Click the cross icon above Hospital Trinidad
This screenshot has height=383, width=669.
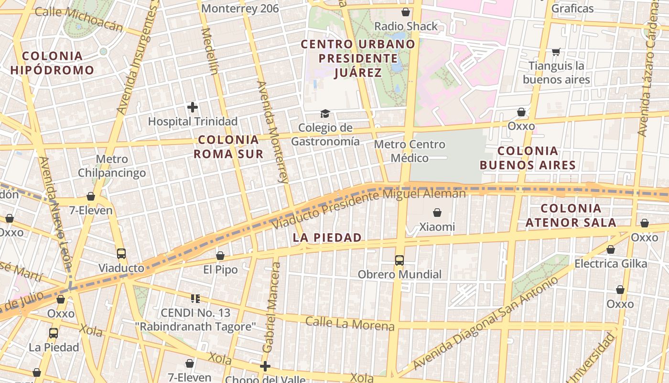[193, 107]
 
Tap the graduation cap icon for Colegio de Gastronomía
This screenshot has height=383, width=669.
[325, 113]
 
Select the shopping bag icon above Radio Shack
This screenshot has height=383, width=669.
[406, 11]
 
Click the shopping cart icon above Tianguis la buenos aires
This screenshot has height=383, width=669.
[556, 51]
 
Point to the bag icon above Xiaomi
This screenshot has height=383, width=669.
[437, 212]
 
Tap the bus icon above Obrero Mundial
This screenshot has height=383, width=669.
[399, 260]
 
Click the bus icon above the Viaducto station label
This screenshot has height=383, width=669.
[121, 253]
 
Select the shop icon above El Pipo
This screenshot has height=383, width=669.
[220, 256]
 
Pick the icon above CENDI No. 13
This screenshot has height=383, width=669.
[195, 299]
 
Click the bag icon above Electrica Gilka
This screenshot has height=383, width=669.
[610, 249]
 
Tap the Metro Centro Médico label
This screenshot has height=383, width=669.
[410, 151]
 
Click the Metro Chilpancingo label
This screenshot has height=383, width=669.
[112, 166]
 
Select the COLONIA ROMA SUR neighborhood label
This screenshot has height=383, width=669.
[228, 146]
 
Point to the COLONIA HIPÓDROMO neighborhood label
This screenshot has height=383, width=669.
[52, 63]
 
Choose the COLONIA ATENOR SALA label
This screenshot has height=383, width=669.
[571, 215]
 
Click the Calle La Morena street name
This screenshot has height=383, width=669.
[350, 324]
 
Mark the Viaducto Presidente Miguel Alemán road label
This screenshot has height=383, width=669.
[368, 209]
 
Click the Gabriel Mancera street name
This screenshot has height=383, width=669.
[270, 311]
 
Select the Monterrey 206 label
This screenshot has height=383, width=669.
[240, 9]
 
